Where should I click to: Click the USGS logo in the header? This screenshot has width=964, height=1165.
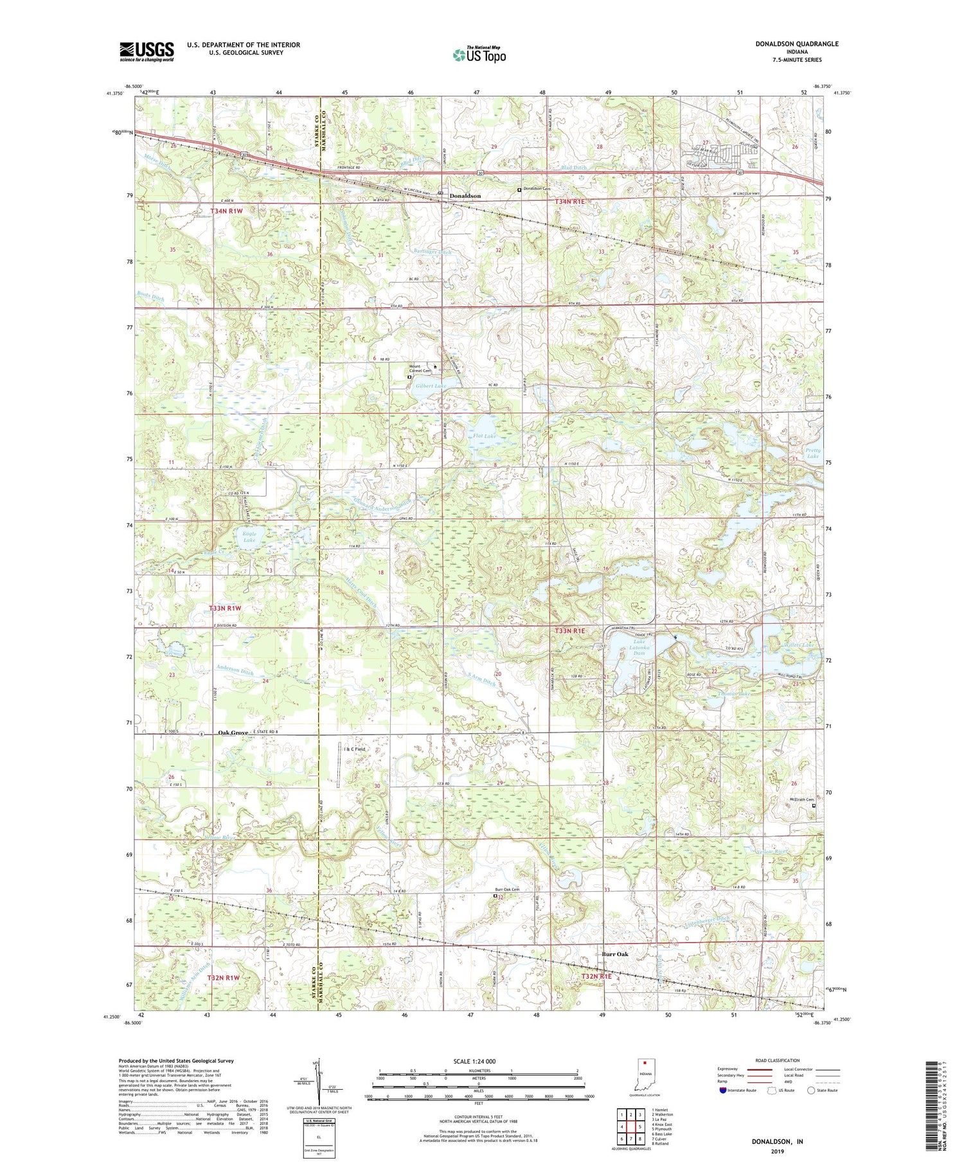[147, 51]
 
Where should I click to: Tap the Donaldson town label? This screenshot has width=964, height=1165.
[465, 195]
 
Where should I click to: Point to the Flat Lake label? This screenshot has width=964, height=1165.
[484, 436]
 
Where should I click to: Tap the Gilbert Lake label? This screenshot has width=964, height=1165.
[431, 386]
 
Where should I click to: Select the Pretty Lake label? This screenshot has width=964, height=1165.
[812, 453]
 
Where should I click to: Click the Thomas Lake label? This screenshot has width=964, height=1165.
[734, 694]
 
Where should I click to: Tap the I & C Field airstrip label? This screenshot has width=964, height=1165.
[354, 749]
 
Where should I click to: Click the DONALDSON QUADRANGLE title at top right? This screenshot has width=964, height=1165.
[796, 44]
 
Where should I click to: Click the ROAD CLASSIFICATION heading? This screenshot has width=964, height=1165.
[778, 1060]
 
